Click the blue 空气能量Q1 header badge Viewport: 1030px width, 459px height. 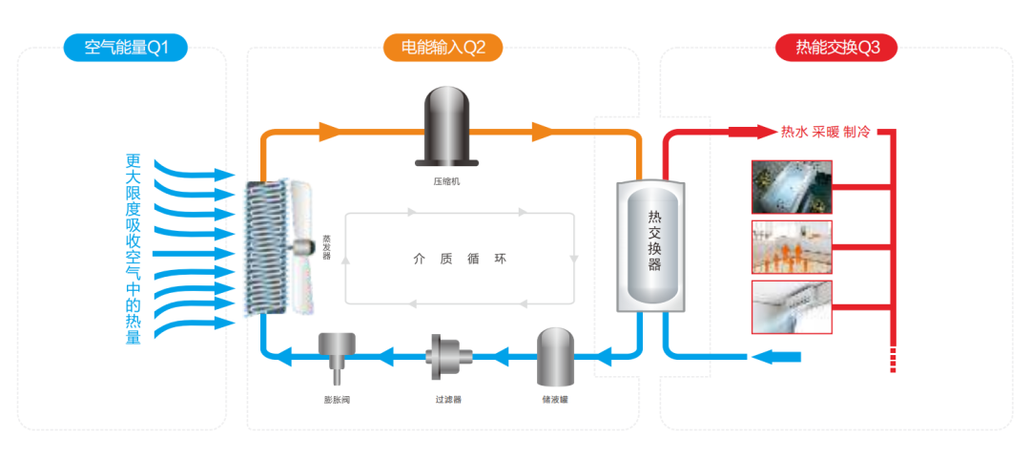coord(125,48)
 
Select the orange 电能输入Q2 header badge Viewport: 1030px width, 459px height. coord(443,48)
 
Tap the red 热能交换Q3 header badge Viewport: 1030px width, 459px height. coord(835,48)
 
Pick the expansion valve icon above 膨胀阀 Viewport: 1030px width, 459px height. coord(336,354)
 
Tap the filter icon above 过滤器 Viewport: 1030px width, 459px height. coord(443,358)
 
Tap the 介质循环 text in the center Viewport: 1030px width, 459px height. coord(460,259)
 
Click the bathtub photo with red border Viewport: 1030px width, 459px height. coord(792,186)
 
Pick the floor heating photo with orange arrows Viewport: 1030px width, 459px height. coord(792,247)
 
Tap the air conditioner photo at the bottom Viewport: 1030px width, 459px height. coord(792,306)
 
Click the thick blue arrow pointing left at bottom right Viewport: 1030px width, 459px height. coord(776,357)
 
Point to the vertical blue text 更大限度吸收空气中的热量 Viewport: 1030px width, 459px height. coord(134,248)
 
